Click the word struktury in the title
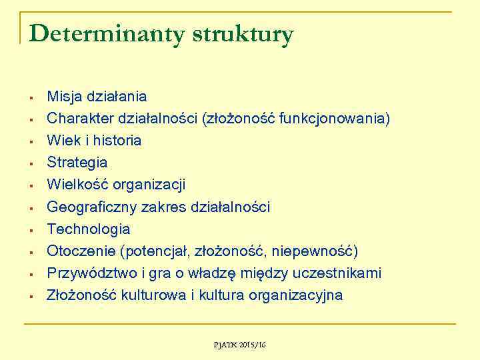click(x=242, y=35)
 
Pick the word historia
click(x=117, y=141)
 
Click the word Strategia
click(x=77, y=163)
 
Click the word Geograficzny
click(x=91, y=207)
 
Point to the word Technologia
click(x=88, y=229)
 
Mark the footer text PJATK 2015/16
click(x=239, y=345)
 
